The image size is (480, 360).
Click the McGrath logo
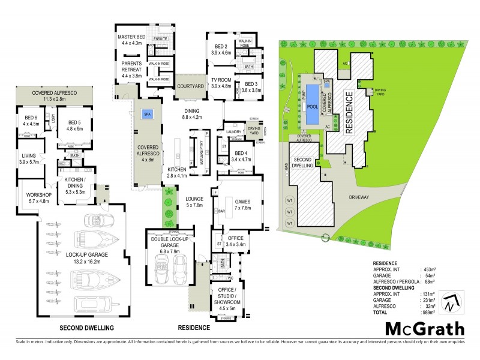point(424,328)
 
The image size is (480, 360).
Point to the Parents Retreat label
point(131,66)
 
